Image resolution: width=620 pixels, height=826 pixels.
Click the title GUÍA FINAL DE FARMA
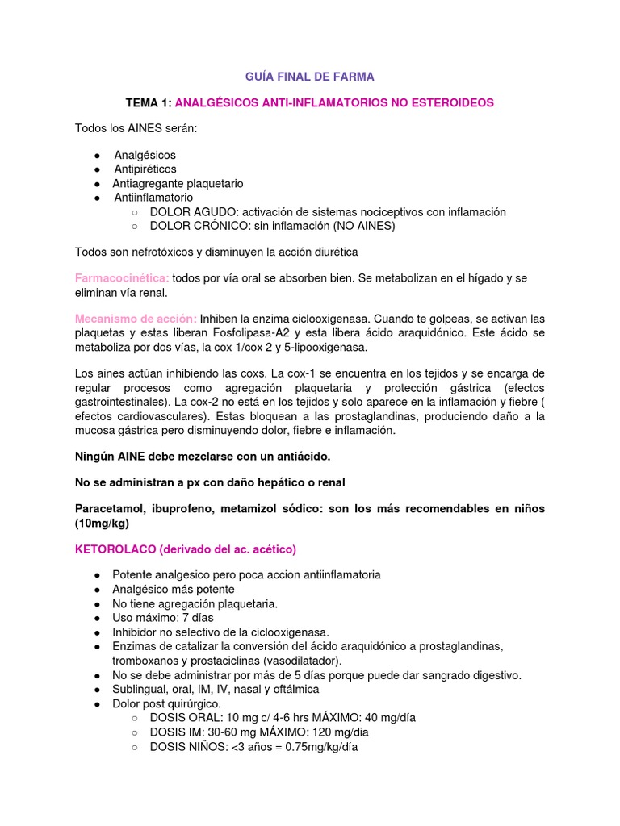point(310,77)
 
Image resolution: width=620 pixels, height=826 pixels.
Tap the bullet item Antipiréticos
point(145,169)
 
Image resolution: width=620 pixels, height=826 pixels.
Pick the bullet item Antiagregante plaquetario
point(178,183)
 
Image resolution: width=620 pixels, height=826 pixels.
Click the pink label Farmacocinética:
point(122,277)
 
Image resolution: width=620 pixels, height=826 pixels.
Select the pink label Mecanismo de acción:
point(136,317)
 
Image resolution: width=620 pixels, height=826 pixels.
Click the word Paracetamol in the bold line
point(109,508)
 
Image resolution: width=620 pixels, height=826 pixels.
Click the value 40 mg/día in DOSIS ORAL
point(383,717)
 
